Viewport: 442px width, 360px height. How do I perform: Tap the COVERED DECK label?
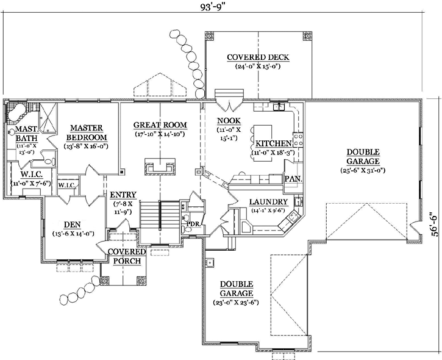(257, 58)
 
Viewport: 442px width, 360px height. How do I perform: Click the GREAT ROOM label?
(160, 125)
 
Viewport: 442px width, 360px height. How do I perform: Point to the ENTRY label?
(123, 195)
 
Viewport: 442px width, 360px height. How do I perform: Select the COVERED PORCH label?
(126, 256)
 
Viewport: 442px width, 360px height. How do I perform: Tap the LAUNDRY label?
(268, 201)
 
